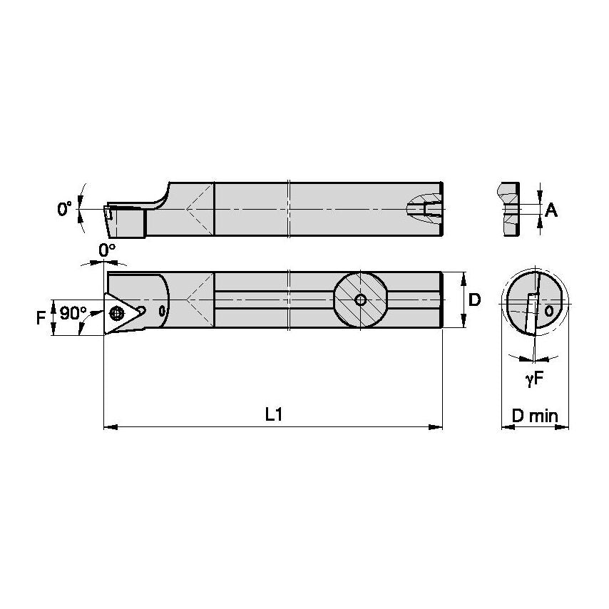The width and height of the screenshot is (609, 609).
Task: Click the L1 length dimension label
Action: tap(272, 414)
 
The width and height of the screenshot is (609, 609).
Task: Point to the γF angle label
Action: tap(534, 380)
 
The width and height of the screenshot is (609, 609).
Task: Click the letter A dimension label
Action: tap(551, 210)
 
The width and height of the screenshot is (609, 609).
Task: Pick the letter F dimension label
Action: tap(41, 317)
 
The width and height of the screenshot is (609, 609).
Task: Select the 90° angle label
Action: tap(73, 313)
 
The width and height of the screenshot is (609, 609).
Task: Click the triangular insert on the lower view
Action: tap(121, 312)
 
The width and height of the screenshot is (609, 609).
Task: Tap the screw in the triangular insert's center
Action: tap(117, 312)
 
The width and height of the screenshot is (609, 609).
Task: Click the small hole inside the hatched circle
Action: tap(361, 300)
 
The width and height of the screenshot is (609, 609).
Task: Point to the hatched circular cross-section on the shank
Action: tap(361, 300)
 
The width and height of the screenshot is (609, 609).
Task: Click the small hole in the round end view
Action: tap(548, 312)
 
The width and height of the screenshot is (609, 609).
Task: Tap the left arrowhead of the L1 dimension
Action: tap(109, 427)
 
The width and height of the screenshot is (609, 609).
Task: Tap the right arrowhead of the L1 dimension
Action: tap(437, 427)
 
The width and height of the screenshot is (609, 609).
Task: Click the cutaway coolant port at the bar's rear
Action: tap(425, 209)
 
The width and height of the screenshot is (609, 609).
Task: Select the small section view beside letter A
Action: tap(510, 210)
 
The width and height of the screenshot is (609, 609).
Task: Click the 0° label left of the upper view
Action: tap(64, 209)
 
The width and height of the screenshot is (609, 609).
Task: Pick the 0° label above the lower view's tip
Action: tap(106, 250)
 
